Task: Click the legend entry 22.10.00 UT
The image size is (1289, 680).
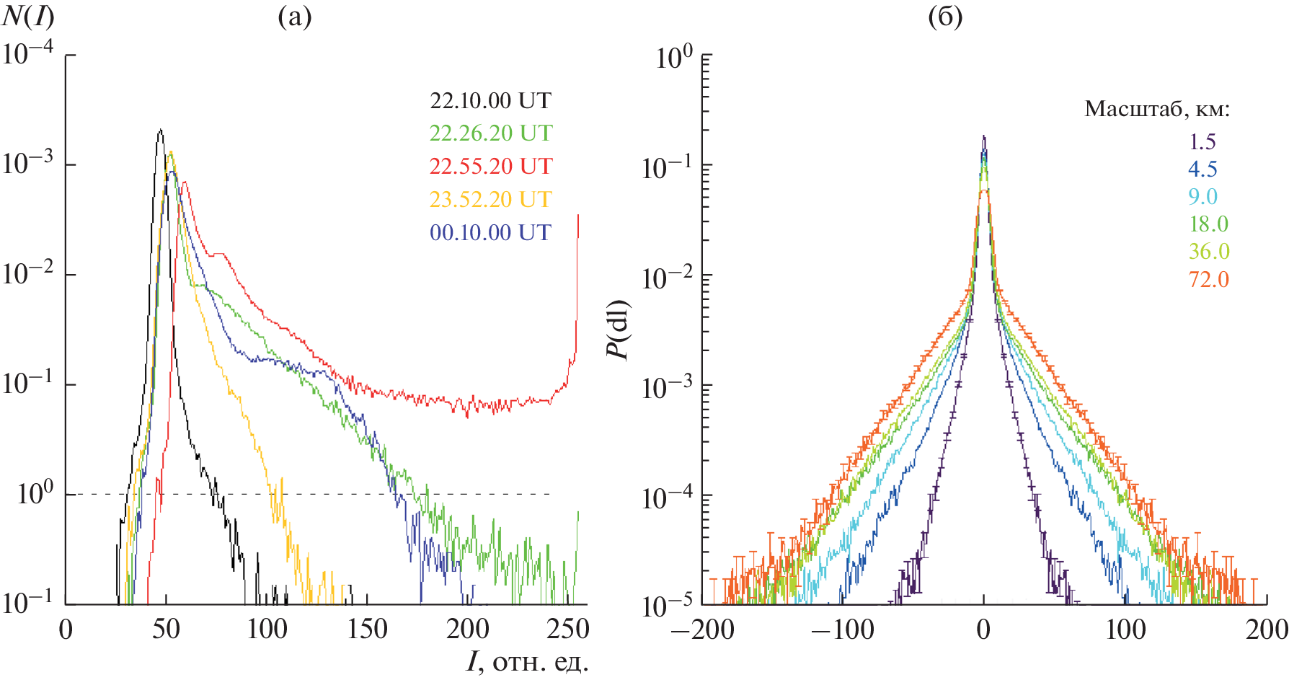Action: pos(490,100)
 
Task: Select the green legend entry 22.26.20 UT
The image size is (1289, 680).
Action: pos(490,133)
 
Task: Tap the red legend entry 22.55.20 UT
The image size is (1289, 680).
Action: pos(490,167)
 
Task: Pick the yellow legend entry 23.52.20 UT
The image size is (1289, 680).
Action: pos(490,200)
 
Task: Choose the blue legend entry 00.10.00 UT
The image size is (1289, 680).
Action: pos(490,233)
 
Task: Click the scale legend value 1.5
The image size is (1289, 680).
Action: pos(1202,141)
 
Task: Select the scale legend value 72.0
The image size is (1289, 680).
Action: pos(1208,279)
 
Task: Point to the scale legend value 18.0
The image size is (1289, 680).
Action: pos(1208,224)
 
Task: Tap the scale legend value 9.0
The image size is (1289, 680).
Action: pos(1202,197)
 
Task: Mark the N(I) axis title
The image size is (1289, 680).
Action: pos(28,17)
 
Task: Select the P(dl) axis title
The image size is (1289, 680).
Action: pos(619,330)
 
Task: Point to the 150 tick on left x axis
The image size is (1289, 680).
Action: pos(368,630)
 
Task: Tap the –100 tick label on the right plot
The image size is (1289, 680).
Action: pos(842,630)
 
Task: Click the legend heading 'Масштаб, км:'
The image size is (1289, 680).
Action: pos(1156,110)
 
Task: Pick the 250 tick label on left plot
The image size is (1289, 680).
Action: pos(568,630)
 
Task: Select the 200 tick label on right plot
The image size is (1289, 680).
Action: pos(1267,630)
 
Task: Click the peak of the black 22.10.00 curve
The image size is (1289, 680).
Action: pos(160,131)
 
